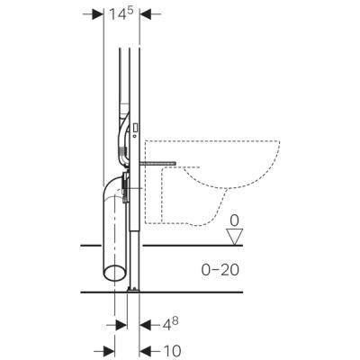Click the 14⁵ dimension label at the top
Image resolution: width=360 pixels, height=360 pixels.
click(121, 13)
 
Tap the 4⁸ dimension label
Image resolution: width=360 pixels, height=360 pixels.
click(169, 323)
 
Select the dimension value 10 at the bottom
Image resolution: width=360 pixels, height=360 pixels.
click(172, 350)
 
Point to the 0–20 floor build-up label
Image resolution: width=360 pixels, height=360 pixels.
click(220, 270)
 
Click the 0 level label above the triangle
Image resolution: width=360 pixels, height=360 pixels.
click(234, 221)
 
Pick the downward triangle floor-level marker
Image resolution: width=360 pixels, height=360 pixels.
click(234, 237)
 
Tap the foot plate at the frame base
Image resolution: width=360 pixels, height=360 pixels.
click(133, 289)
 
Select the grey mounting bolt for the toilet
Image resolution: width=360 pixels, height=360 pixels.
click(157, 163)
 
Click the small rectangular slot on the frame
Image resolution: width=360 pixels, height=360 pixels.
click(135, 128)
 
